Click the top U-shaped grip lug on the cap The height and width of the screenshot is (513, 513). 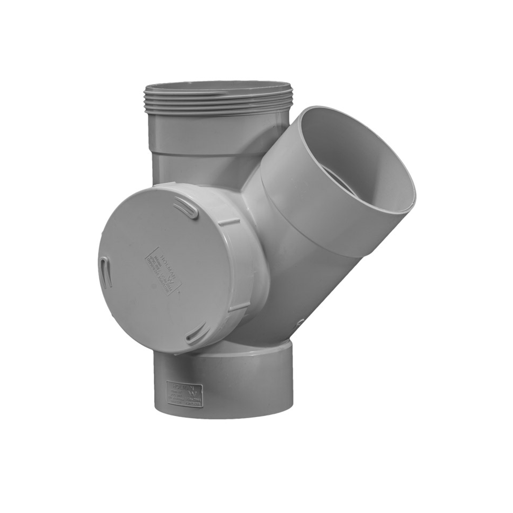186,209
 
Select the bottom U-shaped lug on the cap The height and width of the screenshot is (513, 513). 196,333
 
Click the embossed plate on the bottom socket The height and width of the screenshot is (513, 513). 185,394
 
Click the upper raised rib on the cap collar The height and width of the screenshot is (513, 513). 229,222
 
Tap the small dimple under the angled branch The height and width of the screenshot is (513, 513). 300,322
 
